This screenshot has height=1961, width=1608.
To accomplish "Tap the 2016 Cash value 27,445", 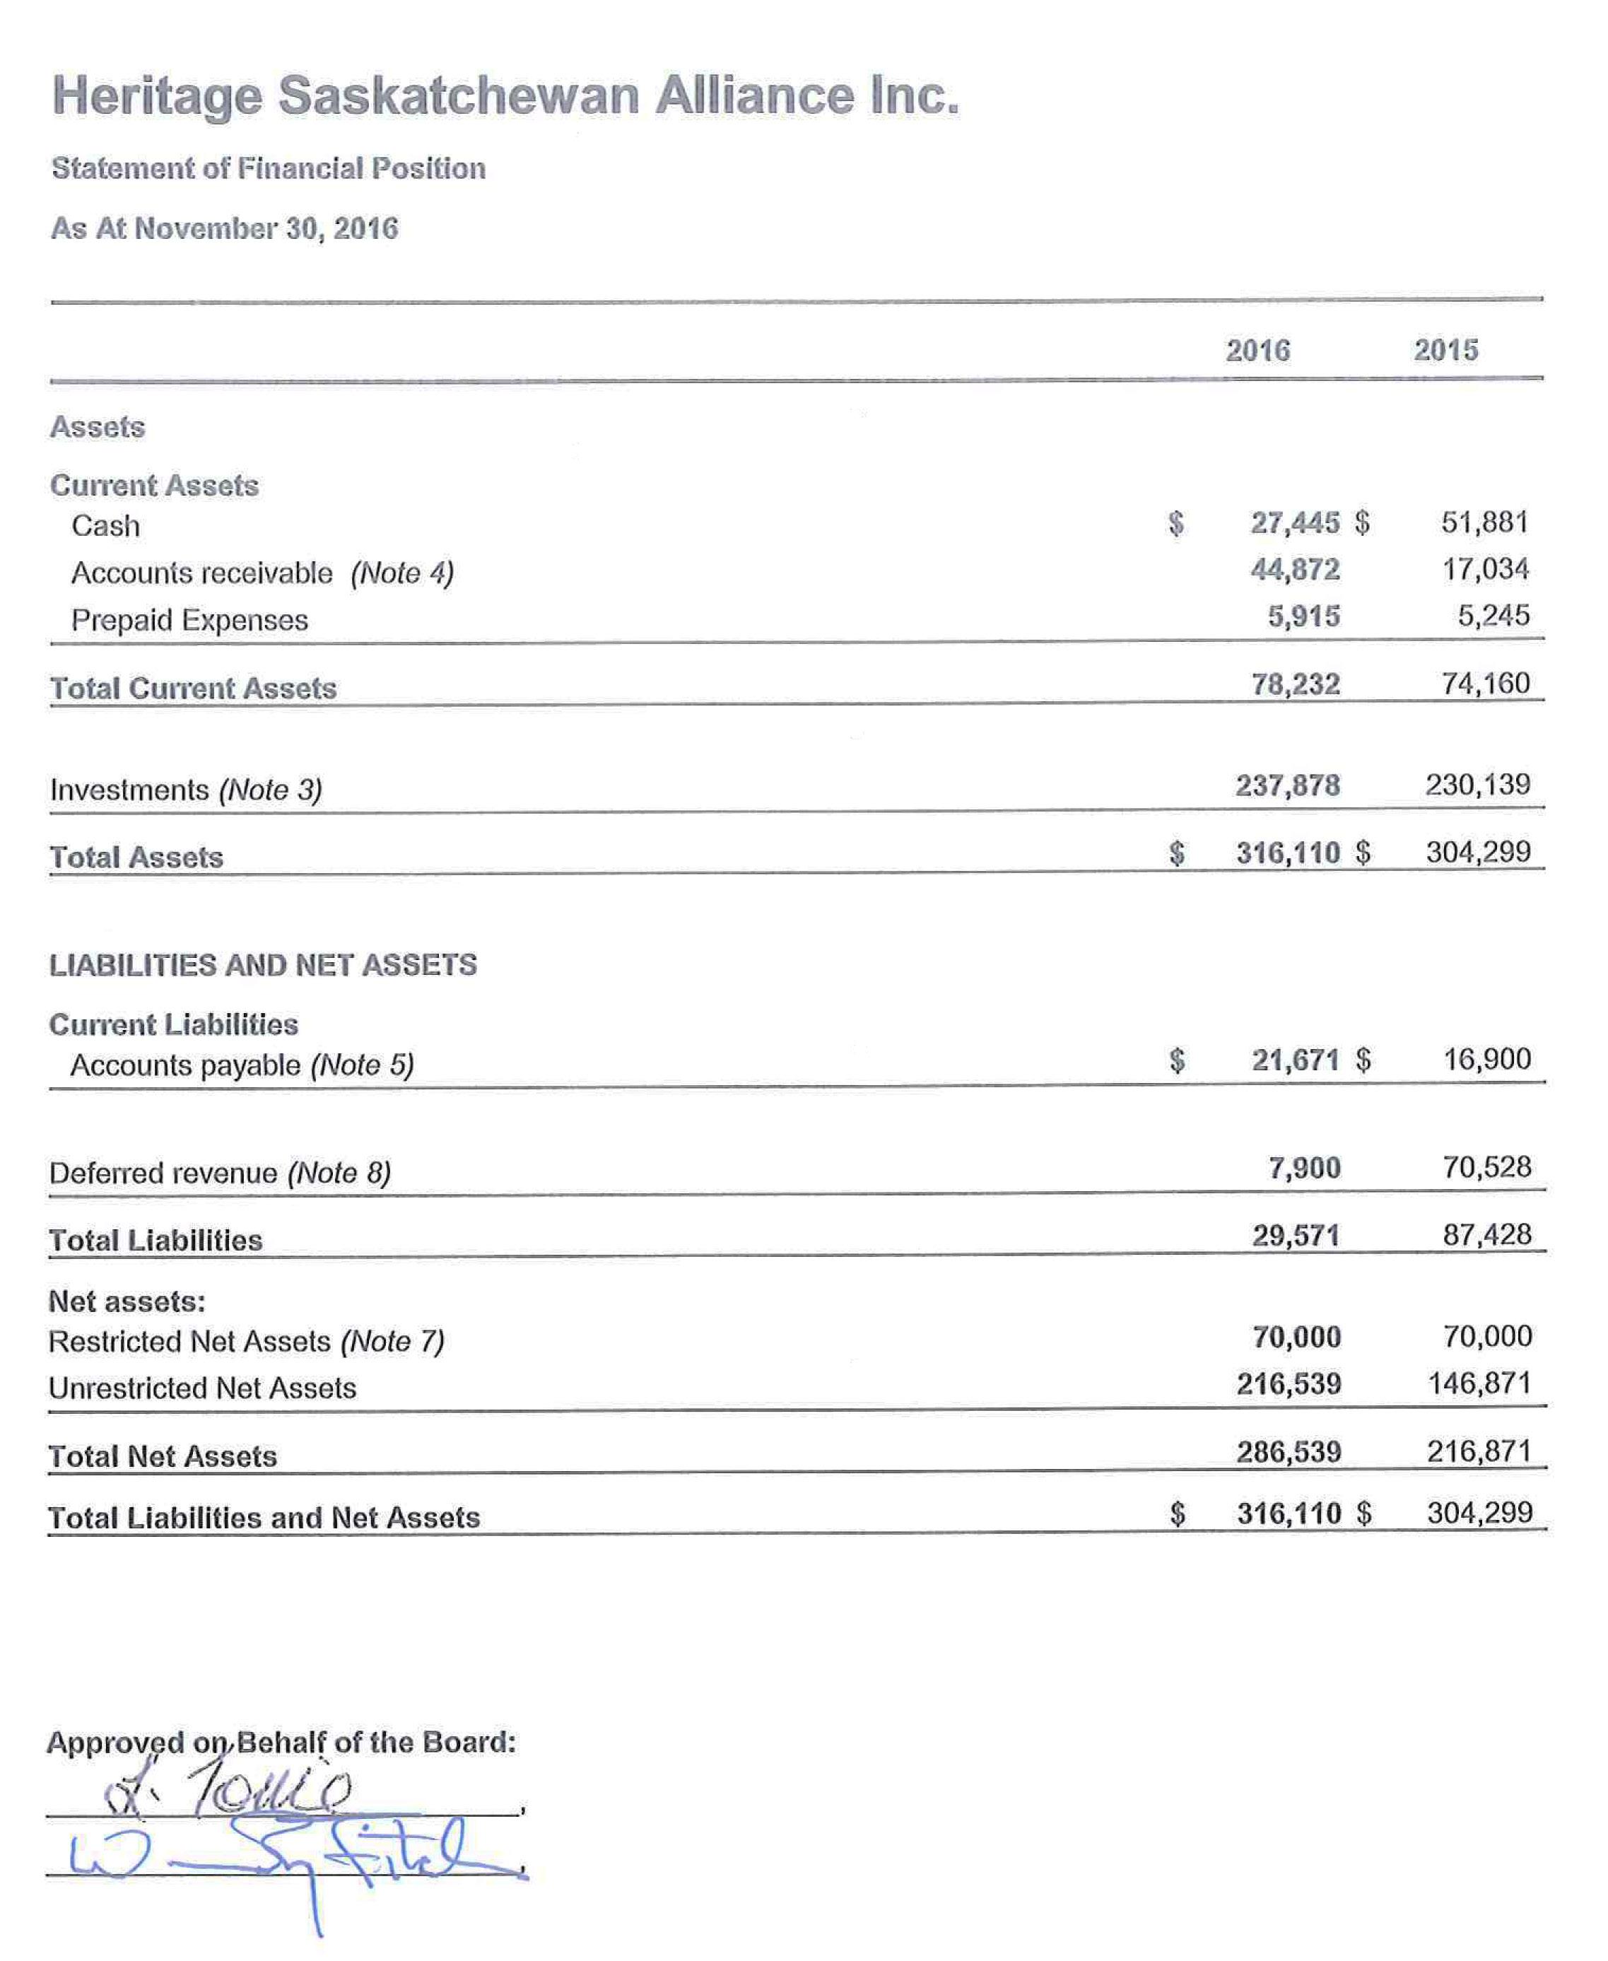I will [x=1294, y=522].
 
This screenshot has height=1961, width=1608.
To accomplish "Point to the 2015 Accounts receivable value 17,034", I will [x=1485, y=569].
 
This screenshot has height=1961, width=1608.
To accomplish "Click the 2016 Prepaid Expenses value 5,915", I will [x=1303, y=616].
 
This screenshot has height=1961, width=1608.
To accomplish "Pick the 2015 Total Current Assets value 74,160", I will [x=1485, y=684].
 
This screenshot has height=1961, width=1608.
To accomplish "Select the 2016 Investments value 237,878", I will [x=1288, y=785].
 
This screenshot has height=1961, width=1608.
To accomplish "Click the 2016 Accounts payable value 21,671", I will [x=1295, y=1060].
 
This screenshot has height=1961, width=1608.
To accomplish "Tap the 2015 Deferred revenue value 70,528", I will [x=1486, y=1167].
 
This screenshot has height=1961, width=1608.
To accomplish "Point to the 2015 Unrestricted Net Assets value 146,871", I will [x=1479, y=1384].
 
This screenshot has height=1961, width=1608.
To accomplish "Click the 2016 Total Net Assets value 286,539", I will [x=1289, y=1451].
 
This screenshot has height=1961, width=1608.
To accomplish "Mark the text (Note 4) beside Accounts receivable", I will [x=402, y=573].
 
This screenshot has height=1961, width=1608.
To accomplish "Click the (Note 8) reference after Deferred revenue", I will [x=339, y=1173].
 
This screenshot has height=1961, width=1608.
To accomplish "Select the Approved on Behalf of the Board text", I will [x=281, y=1743].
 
